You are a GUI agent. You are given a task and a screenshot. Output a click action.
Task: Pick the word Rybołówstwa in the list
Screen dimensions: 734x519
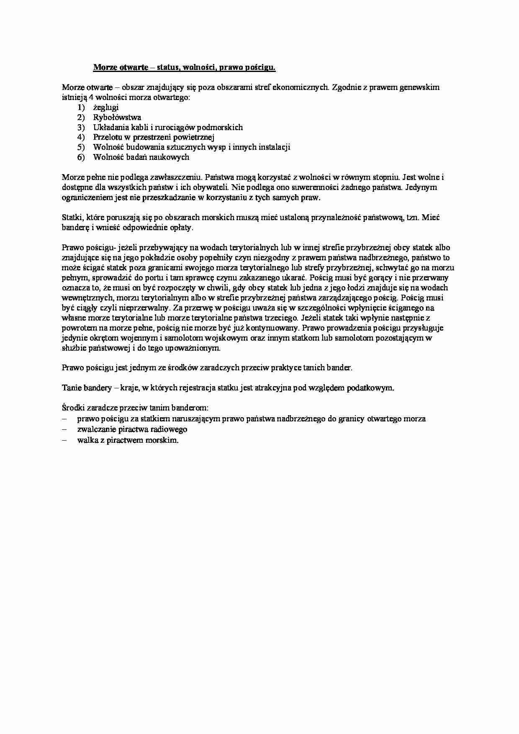[117, 118]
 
